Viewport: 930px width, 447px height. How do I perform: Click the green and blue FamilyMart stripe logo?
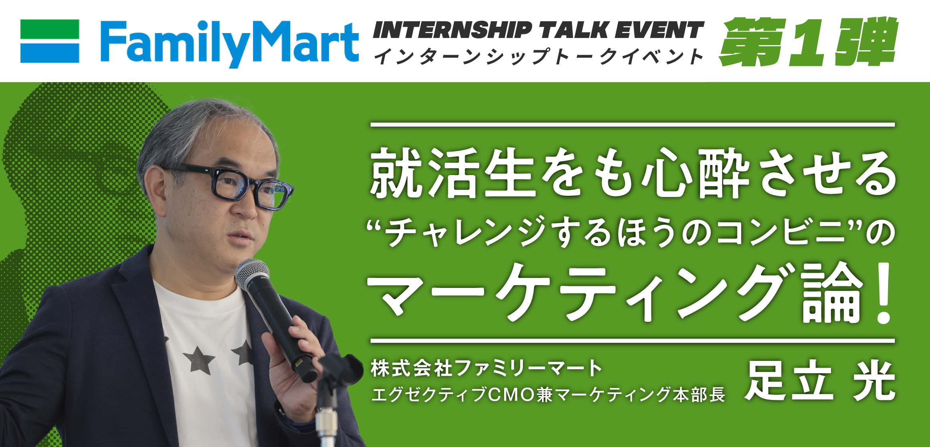[49, 41]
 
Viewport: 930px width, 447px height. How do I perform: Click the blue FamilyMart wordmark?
[230, 43]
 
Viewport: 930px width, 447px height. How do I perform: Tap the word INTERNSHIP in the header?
[452, 30]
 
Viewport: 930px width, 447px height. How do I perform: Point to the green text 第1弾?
[809, 41]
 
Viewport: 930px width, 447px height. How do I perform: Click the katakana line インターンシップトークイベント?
[538, 56]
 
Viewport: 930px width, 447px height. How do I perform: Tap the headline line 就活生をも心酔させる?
[633, 173]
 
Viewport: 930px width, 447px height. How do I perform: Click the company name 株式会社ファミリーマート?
[487, 368]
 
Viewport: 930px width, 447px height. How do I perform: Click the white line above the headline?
[633, 125]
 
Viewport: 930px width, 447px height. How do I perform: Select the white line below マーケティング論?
[633, 341]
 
